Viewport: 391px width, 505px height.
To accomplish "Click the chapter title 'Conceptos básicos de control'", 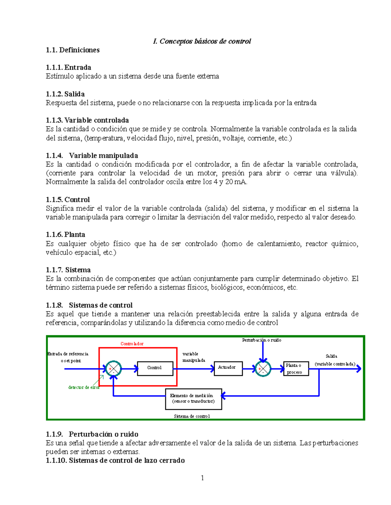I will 202,41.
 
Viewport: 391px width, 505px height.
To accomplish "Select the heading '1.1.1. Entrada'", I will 68,67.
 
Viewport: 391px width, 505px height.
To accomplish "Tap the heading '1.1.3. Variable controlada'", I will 87,120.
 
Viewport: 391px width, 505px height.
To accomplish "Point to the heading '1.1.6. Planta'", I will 65,234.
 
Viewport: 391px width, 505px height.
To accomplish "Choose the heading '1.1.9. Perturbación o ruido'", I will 92,434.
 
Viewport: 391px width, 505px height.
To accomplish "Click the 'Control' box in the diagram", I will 155,368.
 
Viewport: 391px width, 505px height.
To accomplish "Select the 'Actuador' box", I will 228,368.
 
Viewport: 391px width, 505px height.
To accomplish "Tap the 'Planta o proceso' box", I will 296,369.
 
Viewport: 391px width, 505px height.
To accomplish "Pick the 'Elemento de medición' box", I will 194,399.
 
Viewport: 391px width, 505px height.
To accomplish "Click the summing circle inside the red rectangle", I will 113,369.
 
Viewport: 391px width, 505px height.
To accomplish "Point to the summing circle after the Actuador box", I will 263,369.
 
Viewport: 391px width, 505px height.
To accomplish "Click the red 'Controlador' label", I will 132,344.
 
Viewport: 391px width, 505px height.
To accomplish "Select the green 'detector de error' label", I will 84,387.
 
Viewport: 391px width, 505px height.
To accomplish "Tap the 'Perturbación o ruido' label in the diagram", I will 262,340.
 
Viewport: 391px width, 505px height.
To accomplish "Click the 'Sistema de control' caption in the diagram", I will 192,416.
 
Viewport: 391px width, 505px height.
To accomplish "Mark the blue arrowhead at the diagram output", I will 359,369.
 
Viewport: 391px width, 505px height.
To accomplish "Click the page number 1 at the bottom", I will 202,478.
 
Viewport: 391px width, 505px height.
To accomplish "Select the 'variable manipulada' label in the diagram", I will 194,357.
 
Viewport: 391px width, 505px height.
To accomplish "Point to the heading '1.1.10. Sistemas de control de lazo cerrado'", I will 115,460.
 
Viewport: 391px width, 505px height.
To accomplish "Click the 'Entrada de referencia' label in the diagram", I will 68,354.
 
